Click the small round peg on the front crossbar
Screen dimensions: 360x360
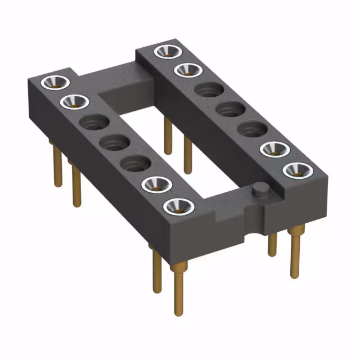point(259,190)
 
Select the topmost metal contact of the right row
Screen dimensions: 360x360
point(167,51)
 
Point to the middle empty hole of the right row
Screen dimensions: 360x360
point(228,109)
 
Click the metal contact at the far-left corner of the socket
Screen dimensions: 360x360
point(55,82)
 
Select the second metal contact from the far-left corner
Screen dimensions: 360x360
point(74,102)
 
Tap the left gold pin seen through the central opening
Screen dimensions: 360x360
point(168,135)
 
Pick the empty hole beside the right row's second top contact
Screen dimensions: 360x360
point(208,89)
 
